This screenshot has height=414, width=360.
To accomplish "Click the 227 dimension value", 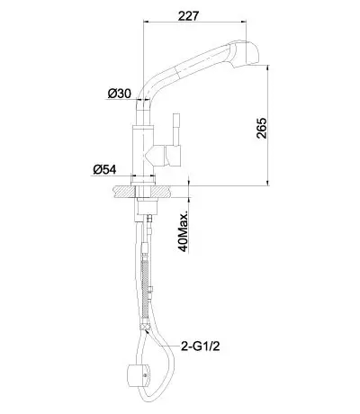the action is pos(188,15).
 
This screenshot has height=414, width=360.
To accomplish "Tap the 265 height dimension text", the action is pos(261,128).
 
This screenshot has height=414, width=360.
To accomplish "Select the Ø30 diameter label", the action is pos(120,94).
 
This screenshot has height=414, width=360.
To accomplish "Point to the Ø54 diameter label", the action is pos(104,170).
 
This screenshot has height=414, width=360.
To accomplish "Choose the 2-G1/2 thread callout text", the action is pos(201,346).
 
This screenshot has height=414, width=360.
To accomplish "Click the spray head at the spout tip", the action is pos(243,53).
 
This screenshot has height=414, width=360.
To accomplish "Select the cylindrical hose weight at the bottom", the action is pos(138,374).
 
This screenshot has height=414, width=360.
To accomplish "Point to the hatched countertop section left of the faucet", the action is pos(124,192).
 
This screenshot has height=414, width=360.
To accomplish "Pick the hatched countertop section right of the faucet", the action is pos(162,192).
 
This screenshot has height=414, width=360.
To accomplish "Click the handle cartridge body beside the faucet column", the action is pos(172,156).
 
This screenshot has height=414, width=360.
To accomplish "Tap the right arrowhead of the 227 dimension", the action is pos(244,22).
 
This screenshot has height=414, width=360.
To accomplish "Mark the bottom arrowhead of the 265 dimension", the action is pos(268,184).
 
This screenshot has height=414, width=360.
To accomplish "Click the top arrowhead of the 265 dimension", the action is pos(268,69).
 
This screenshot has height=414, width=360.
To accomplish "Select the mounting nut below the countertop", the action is pos(146,206).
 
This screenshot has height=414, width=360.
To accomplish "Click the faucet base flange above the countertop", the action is pos(143,181).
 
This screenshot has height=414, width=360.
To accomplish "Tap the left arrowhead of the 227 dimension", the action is pos(147,22).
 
